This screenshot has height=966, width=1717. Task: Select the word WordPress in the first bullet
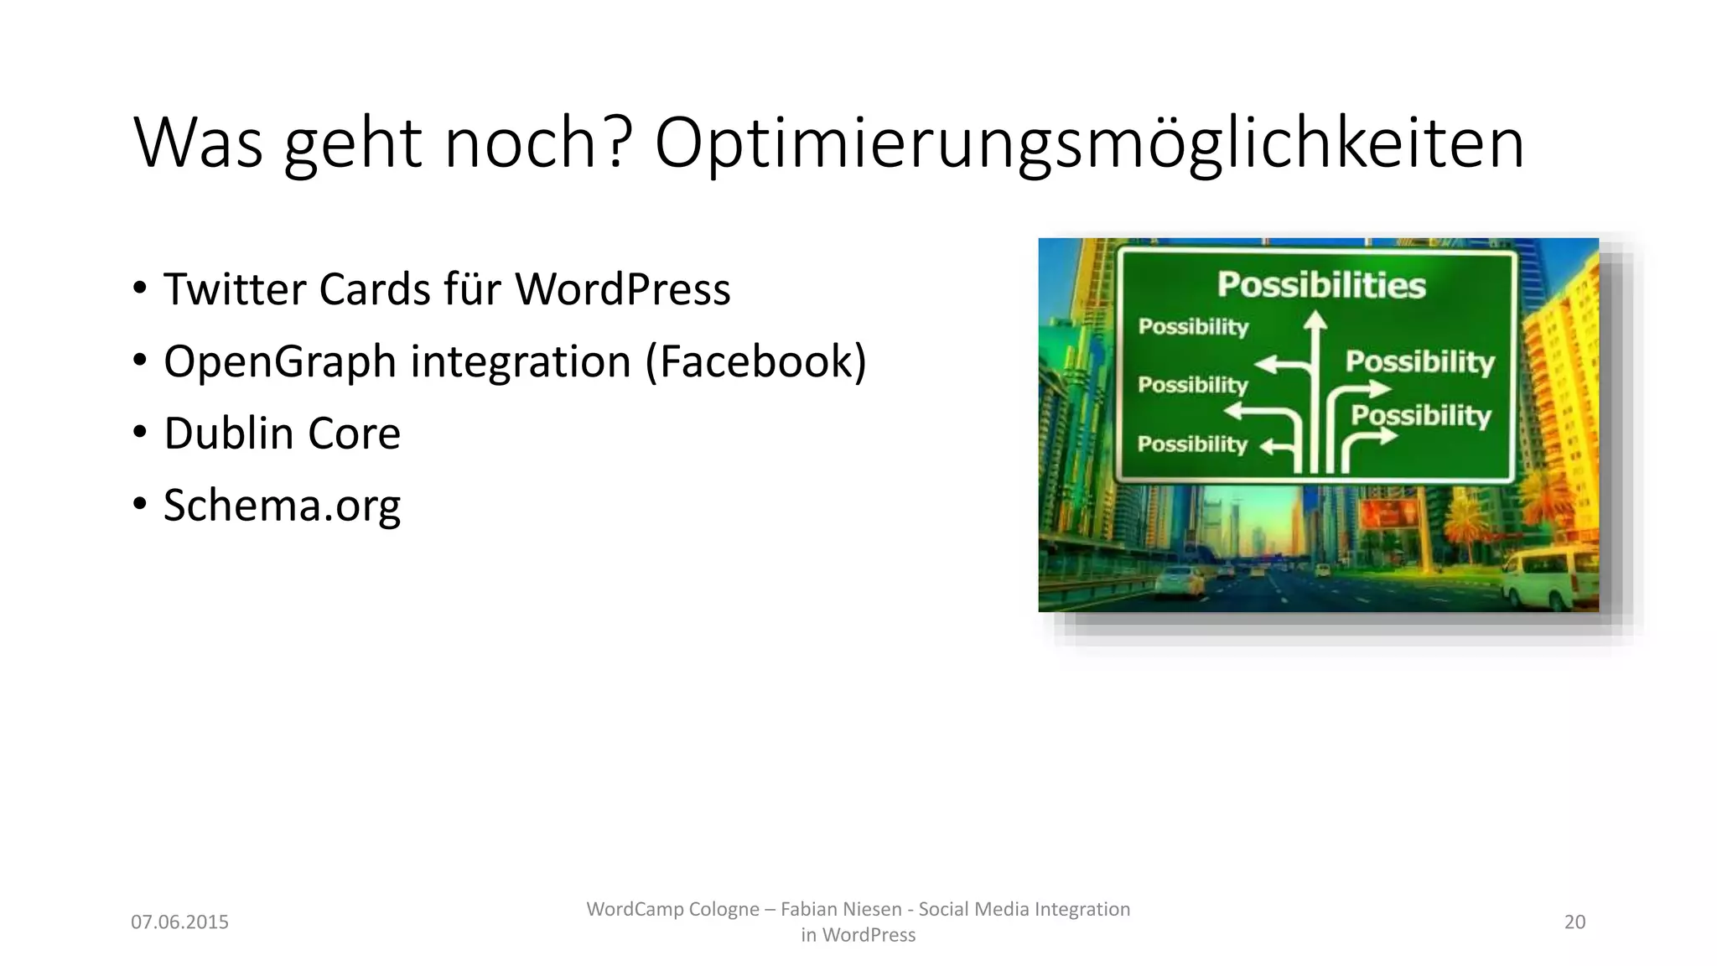click(x=622, y=289)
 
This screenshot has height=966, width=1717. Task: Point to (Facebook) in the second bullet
click(x=755, y=361)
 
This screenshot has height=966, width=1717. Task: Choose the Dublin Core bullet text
click(x=282, y=434)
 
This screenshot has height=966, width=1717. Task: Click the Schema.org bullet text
click(x=282, y=506)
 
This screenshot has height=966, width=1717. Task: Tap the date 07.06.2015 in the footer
click(x=179, y=922)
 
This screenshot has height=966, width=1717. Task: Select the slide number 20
click(x=1574, y=922)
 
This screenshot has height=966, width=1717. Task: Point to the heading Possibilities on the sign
click(x=1320, y=285)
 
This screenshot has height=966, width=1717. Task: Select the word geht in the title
click(x=352, y=144)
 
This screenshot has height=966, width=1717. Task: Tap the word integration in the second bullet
click(x=520, y=361)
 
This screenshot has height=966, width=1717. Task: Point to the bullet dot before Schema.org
click(x=140, y=504)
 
